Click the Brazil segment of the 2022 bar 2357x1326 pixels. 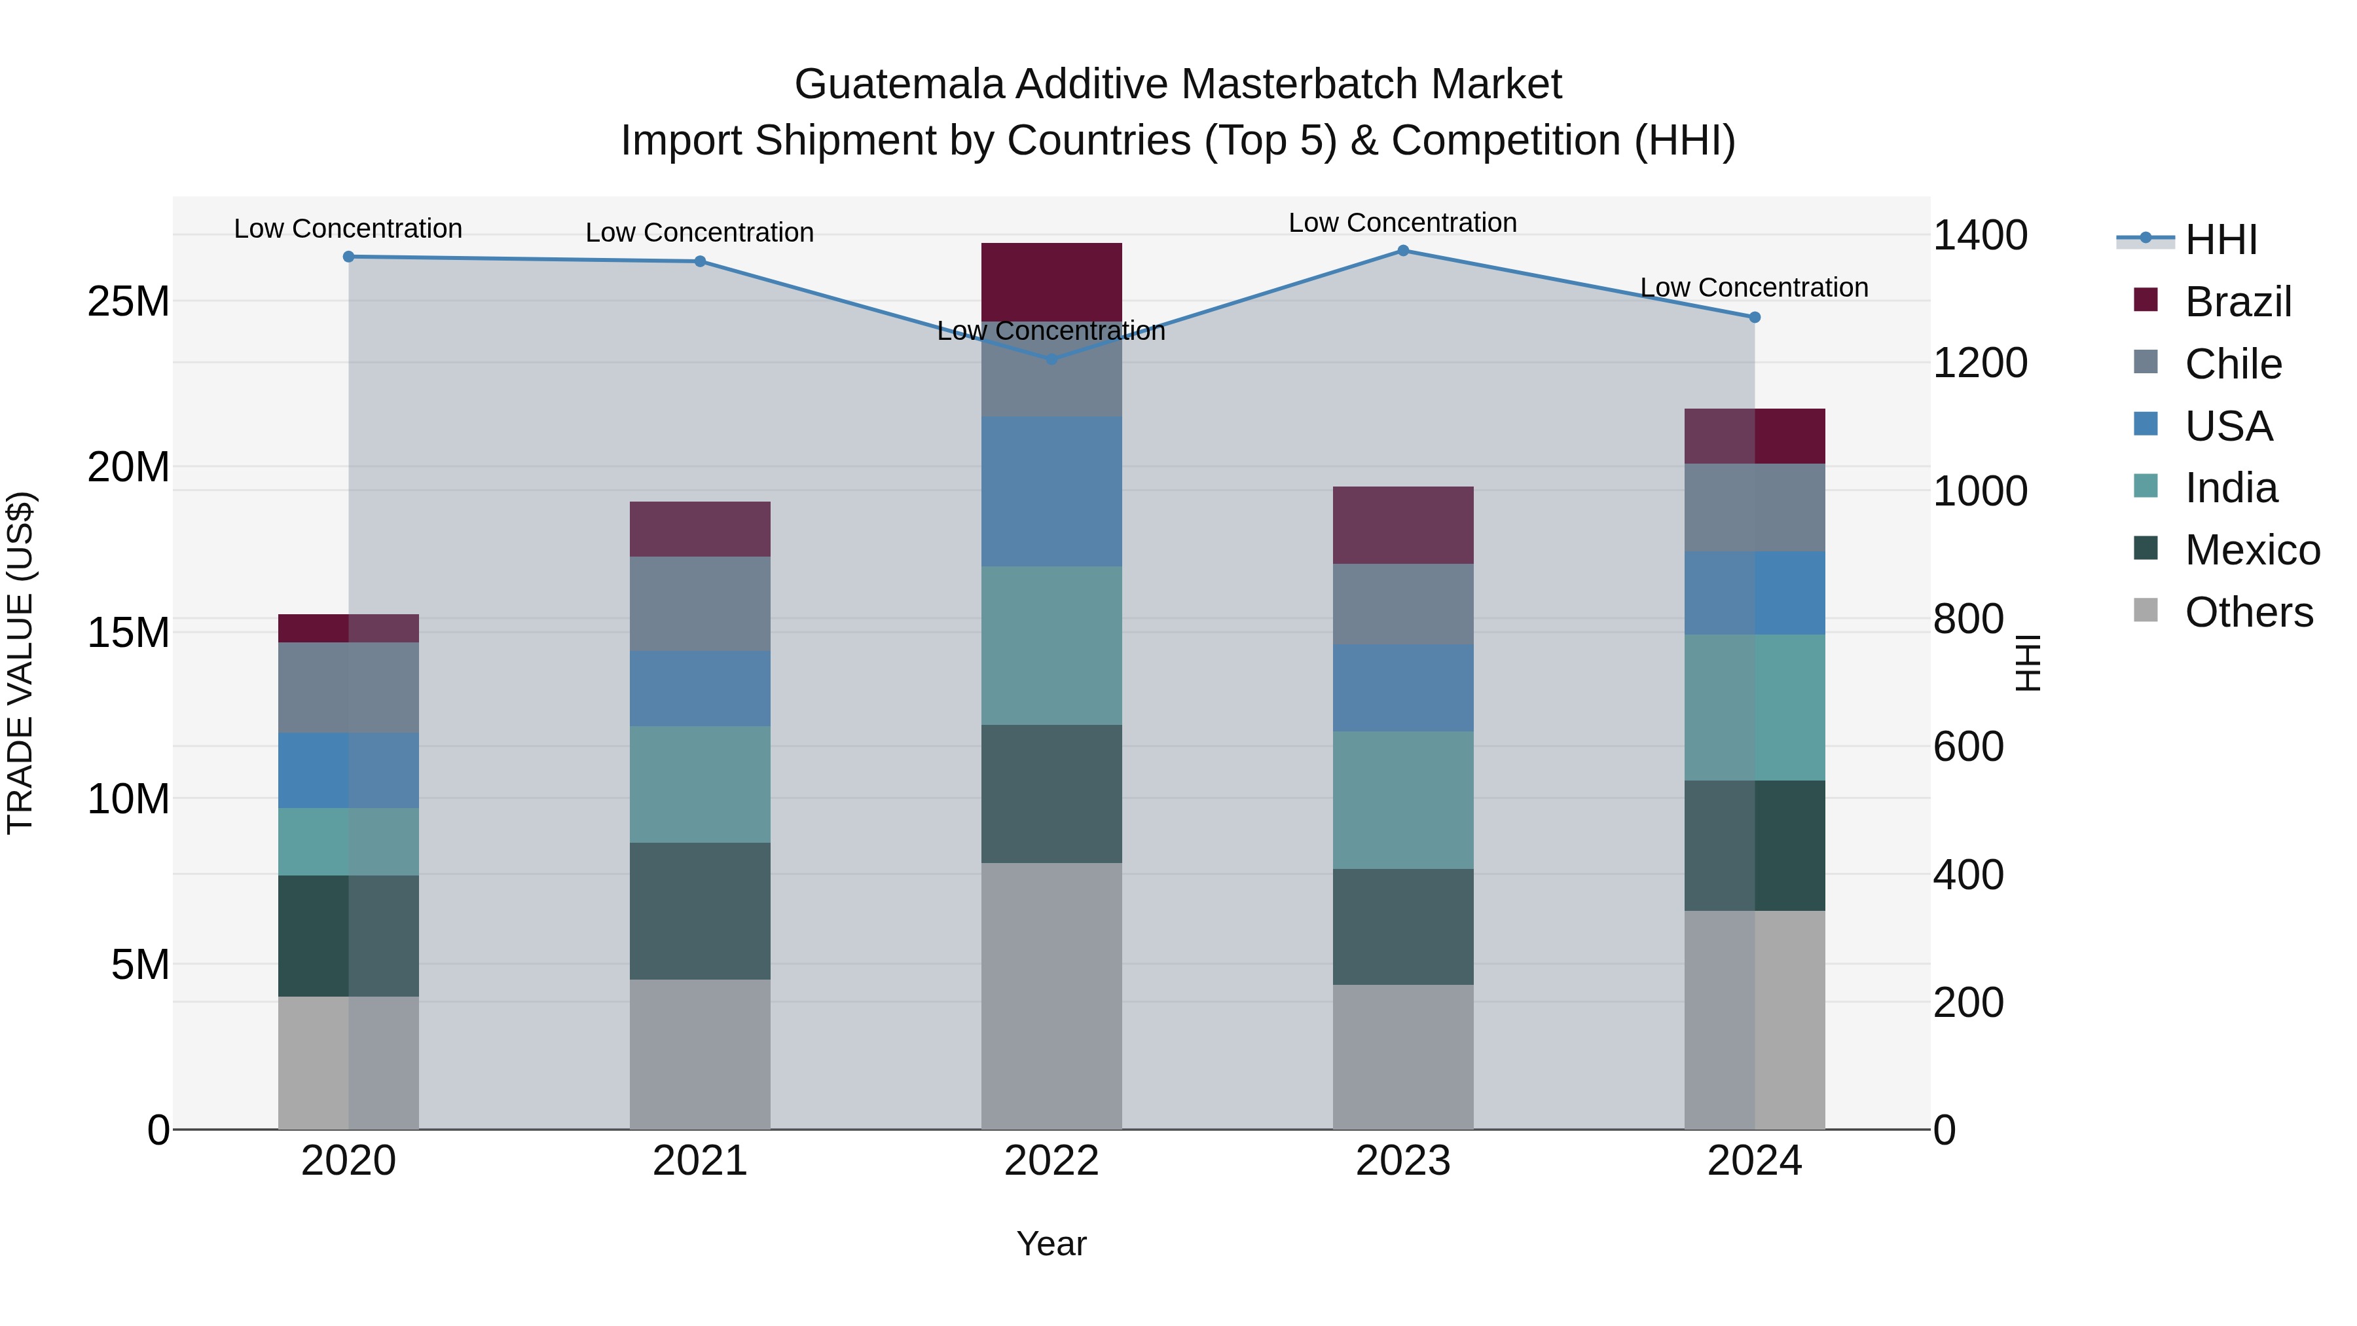[1051, 281]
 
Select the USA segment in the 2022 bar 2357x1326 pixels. [1051, 491]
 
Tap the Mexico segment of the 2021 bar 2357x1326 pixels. [700, 911]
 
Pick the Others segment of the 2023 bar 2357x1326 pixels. [1402, 1057]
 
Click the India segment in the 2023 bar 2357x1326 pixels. [1402, 800]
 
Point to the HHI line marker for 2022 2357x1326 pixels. [1051, 359]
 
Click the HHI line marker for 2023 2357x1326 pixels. [1402, 251]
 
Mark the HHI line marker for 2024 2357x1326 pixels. [1754, 318]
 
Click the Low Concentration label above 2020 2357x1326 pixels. [348, 229]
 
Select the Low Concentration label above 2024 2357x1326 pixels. [1753, 287]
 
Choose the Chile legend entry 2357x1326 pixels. [2233, 364]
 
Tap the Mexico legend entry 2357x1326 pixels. [2251, 550]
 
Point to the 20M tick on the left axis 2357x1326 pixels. [128, 468]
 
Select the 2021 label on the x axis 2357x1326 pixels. [700, 1161]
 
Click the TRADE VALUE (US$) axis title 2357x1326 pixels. [20, 663]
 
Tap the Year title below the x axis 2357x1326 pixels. [1051, 1243]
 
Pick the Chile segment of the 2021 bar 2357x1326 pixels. [700, 604]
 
